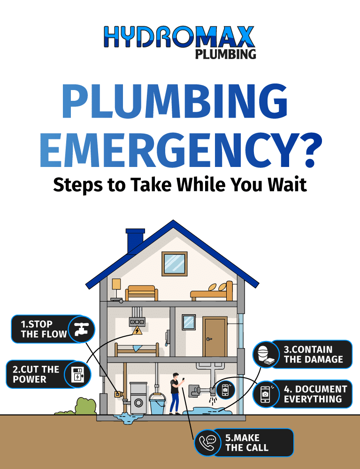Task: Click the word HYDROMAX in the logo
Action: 180,38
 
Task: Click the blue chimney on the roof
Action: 135,241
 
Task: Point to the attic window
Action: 175,264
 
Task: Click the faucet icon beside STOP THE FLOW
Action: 81,329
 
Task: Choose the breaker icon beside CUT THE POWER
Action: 77,374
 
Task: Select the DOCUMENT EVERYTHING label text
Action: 314,394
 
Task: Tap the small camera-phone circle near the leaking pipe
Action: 225,389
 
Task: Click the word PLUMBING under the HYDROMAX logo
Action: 225,54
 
